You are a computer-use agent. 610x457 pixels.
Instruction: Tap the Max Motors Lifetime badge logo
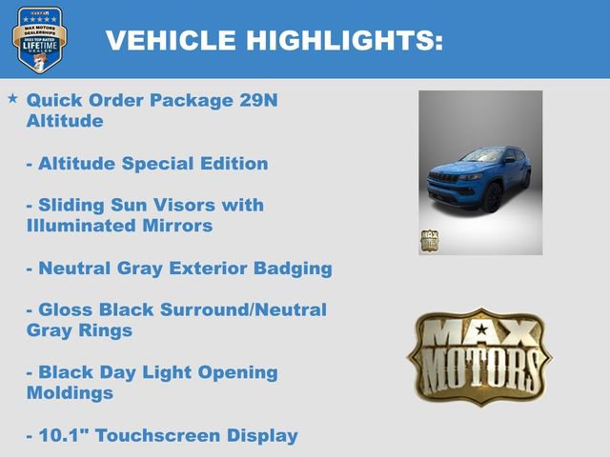39,39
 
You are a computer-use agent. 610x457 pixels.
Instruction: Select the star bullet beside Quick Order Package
12,98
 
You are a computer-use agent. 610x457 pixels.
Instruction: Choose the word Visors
233,205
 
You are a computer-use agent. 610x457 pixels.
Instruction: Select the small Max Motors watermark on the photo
430,240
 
